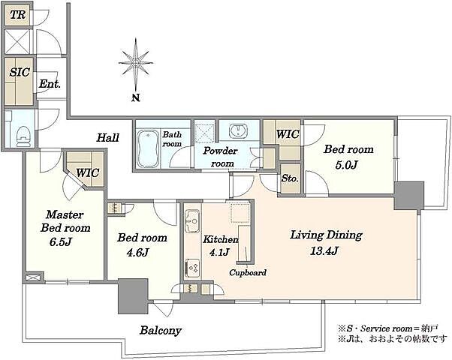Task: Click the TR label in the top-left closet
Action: tap(18, 15)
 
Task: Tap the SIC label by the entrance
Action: tap(20, 72)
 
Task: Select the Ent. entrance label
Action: tap(50, 84)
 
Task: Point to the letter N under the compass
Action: tap(136, 98)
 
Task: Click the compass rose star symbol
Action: tap(136, 63)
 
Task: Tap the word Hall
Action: tap(108, 138)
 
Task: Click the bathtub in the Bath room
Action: tap(148, 148)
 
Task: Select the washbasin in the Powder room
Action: tap(238, 130)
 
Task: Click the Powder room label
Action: tap(221, 157)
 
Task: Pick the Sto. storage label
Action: tap(290, 178)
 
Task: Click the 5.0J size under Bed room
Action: tap(346, 165)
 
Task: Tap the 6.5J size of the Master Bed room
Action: tap(60, 241)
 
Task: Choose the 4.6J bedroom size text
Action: tap(137, 252)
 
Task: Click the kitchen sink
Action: tap(192, 221)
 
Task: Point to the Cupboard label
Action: tap(248, 272)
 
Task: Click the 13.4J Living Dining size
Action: tap(324, 251)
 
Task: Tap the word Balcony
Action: tap(161, 330)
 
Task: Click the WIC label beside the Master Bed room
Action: tap(88, 172)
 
